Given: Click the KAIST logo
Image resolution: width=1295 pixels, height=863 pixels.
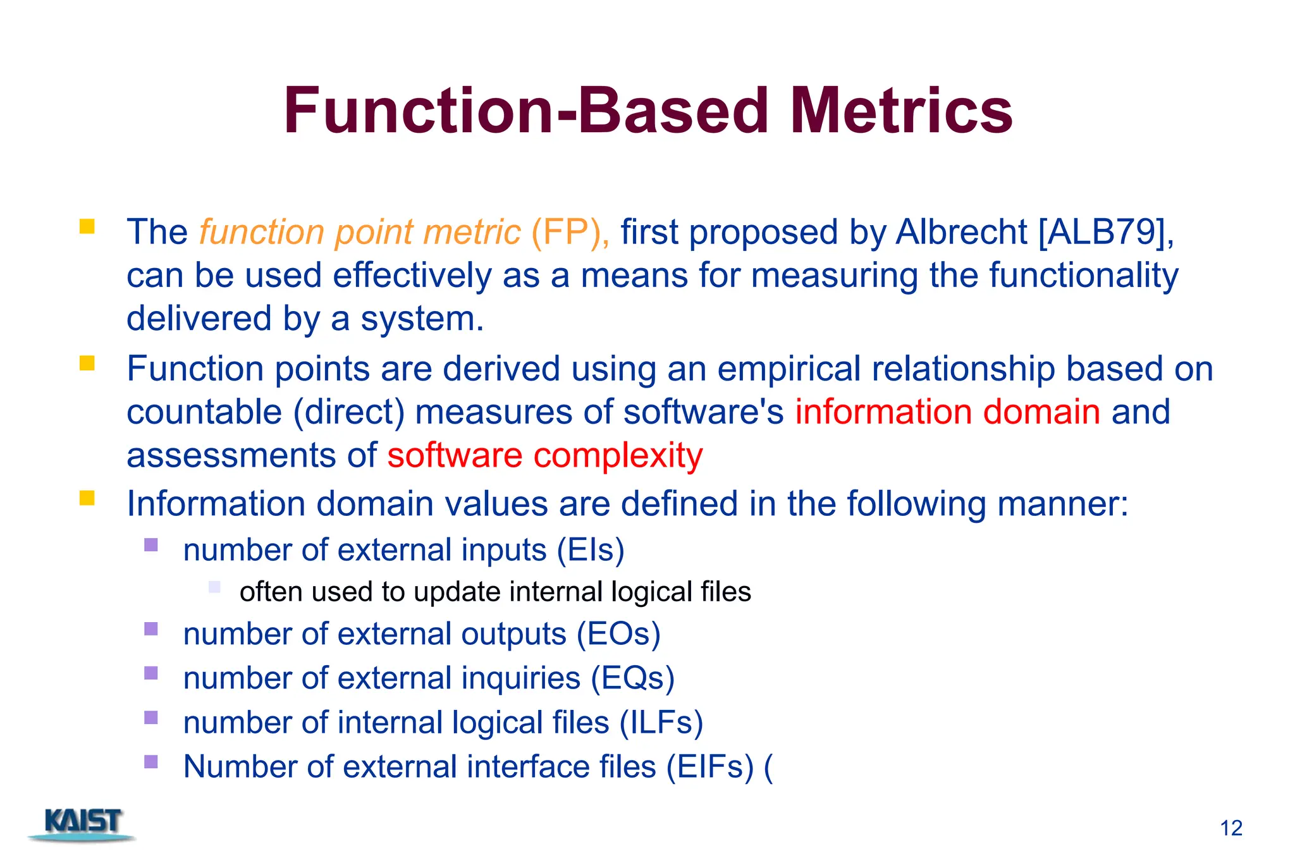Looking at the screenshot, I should pyautogui.click(x=82, y=823).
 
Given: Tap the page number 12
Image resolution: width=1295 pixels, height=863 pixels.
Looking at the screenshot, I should pyautogui.click(x=1231, y=828).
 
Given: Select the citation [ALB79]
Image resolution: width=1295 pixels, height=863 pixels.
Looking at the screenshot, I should pyautogui.click(x=1103, y=232).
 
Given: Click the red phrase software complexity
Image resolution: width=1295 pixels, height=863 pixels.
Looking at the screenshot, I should pyautogui.click(x=544, y=455).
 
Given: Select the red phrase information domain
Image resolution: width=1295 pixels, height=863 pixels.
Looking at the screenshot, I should pyautogui.click(x=947, y=412).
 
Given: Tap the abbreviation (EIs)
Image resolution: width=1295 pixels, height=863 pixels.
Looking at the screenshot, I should pyautogui.click(x=591, y=550).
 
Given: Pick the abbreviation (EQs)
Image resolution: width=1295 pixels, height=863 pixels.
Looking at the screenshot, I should pyautogui.click(x=632, y=678).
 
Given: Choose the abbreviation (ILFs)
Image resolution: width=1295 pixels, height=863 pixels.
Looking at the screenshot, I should pyautogui.click(x=661, y=723).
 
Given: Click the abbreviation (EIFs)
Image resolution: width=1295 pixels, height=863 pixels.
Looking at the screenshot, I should pyautogui.click(x=709, y=767).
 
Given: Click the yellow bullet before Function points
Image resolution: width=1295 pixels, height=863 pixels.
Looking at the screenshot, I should pyautogui.click(x=87, y=363).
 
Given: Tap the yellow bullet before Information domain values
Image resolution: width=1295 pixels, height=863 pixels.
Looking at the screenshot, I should pyautogui.click(x=87, y=498).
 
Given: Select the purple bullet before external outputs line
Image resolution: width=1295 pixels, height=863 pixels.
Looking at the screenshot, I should pyautogui.click(x=150, y=628).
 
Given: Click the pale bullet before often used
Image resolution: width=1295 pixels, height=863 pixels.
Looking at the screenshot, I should pyautogui.click(x=214, y=587).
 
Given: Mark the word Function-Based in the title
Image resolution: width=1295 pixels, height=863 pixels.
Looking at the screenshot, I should pyautogui.click(x=525, y=112).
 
